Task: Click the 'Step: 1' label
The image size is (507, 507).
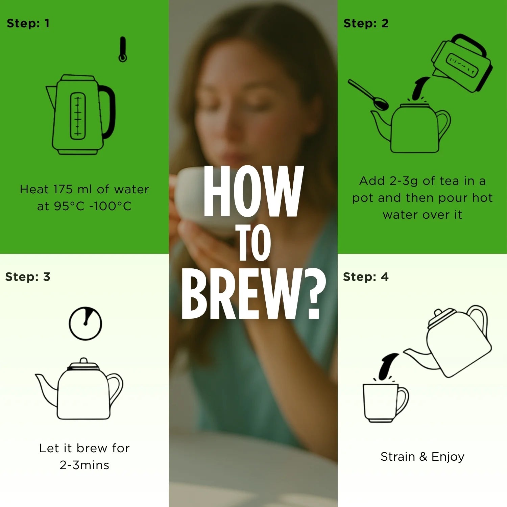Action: click(28, 23)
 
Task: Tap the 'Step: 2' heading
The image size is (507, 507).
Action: click(366, 23)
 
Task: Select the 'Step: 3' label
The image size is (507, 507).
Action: click(28, 277)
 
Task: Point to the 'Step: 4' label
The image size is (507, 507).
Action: click(366, 277)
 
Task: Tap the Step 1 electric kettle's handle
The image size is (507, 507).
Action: click(109, 112)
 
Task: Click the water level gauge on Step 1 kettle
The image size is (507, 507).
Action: click(78, 116)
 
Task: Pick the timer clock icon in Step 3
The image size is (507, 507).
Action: click(85, 323)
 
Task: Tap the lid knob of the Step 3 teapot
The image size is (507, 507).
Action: click(83, 361)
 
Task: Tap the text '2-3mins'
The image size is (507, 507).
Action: click(84, 465)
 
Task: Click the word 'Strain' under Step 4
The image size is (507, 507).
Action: click(397, 457)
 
